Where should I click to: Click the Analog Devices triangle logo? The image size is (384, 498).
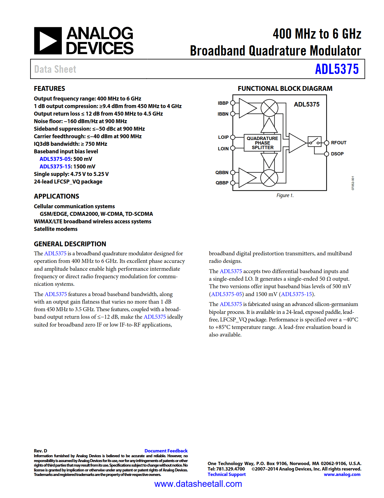48,41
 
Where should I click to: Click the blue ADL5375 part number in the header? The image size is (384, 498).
337,69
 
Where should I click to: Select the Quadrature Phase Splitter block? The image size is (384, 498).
262,143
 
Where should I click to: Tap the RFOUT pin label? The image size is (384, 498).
339,143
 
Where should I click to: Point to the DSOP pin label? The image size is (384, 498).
337,154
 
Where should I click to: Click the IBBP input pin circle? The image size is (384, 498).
233,103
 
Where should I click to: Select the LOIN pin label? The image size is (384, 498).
223,148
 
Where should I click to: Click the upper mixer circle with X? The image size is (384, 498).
269,108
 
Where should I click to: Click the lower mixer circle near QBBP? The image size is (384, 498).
269,178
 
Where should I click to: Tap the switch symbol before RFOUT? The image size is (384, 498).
314,142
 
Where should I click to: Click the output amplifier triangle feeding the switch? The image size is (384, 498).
297,143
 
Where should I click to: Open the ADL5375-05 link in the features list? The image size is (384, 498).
55,159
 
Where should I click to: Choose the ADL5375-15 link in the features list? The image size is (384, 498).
55,167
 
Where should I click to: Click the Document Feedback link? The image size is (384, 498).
166,451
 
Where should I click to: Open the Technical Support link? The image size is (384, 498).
226,474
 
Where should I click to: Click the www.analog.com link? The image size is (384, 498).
342,474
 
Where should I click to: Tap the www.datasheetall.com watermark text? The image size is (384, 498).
198,484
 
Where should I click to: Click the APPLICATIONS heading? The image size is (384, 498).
56,196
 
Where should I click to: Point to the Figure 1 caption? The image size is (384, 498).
285,196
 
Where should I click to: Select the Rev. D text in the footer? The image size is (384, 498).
40,451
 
